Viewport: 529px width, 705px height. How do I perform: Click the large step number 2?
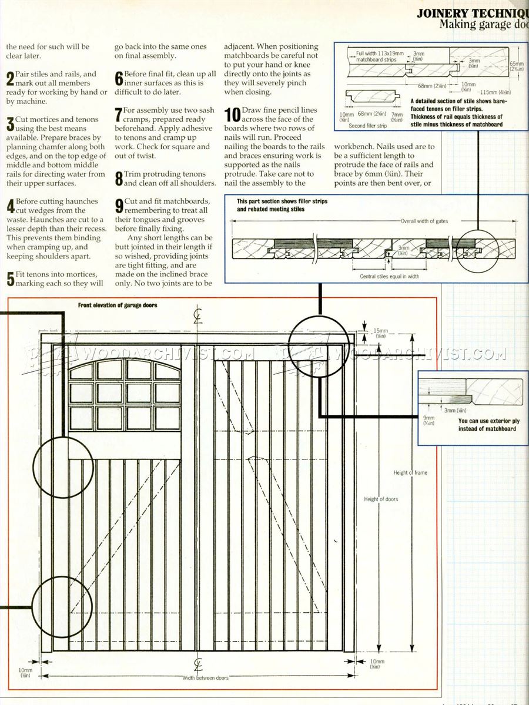pyautogui.click(x=10, y=79)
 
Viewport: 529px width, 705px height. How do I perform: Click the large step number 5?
pyautogui.click(x=10, y=279)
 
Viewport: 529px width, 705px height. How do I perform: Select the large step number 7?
pyautogui.click(x=119, y=114)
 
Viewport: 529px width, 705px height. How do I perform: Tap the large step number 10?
pyautogui.click(x=233, y=115)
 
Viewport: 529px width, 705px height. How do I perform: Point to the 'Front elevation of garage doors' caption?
pyautogui.click(x=118, y=305)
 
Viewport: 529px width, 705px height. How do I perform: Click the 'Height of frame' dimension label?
pyautogui.click(x=411, y=472)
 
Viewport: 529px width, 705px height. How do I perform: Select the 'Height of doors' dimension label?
pyautogui.click(x=380, y=499)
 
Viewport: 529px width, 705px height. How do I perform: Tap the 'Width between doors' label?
pyautogui.click(x=205, y=678)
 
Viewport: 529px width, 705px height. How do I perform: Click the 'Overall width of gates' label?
pyautogui.click(x=426, y=221)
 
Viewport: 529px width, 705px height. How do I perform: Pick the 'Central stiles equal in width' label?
pyautogui.click(x=389, y=276)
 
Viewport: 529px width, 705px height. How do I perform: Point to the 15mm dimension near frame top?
pyautogui.click(x=380, y=331)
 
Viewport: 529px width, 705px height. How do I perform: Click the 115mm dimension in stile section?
pyautogui.click(x=495, y=92)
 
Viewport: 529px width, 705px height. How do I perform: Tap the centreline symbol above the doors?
pyautogui.click(x=198, y=317)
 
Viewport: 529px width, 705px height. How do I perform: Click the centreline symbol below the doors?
pyautogui.click(x=198, y=664)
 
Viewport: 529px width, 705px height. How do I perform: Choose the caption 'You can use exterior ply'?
pyautogui.click(x=488, y=421)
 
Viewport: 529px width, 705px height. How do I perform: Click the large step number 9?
pyautogui.click(x=119, y=205)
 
